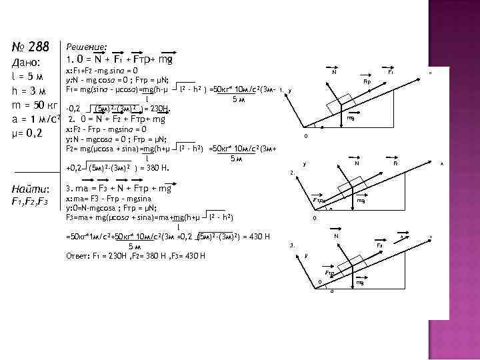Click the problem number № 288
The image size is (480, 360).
click(x=31, y=47)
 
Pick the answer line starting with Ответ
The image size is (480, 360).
click(x=136, y=256)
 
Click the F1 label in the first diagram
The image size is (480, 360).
click(x=391, y=71)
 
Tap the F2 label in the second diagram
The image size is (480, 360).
click(x=395, y=163)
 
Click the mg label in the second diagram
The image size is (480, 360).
click(x=361, y=200)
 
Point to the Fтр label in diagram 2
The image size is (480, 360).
click(x=318, y=200)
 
